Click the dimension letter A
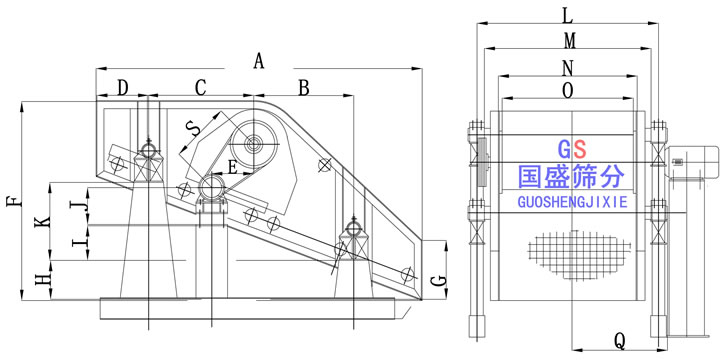click(x=258, y=61)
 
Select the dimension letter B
click(x=303, y=88)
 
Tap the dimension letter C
click(x=200, y=88)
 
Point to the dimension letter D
click(x=122, y=87)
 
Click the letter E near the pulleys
click(x=233, y=167)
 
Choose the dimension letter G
click(x=440, y=280)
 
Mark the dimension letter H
click(x=43, y=279)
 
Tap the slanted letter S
click(x=193, y=128)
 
